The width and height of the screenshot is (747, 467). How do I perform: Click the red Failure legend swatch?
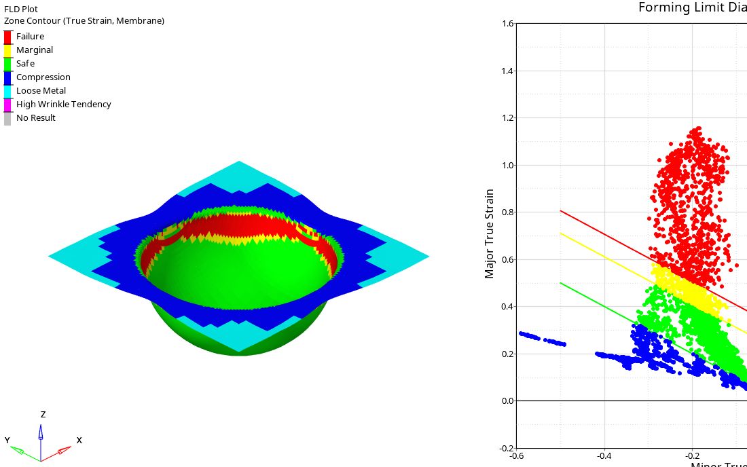pos(7,37)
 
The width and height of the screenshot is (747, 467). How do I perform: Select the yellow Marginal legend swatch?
pos(7,50)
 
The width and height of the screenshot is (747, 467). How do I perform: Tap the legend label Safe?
pos(25,64)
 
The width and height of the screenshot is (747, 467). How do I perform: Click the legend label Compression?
pos(43,77)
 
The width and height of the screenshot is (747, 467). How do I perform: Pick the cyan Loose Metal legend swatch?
pos(7,91)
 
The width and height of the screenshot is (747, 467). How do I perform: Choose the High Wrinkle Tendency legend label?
pos(63,105)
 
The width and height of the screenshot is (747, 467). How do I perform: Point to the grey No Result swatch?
pos(7,118)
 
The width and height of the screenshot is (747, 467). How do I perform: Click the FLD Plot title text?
pos(21,10)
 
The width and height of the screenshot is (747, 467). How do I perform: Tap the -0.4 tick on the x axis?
pos(604,456)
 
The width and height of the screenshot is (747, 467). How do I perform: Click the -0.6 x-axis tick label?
pos(516,456)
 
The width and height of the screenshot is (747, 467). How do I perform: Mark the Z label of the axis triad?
pos(43,414)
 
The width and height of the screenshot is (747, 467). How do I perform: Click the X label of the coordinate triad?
pos(79,440)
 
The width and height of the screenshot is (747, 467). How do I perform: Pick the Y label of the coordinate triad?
pos(7,440)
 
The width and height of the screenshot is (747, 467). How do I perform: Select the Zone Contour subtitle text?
pos(84,21)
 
